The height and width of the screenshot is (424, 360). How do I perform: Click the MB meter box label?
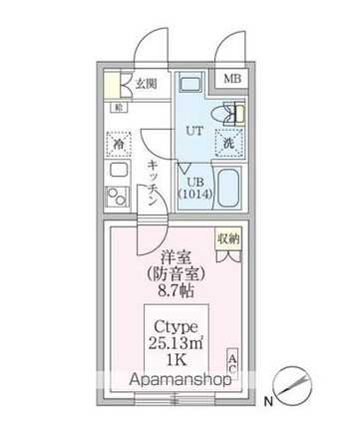click(x=231, y=78)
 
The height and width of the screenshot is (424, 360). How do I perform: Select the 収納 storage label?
click(x=229, y=238)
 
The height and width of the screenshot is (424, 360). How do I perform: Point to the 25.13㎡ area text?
click(x=178, y=345)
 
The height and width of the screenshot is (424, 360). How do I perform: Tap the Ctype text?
click(x=178, y=327)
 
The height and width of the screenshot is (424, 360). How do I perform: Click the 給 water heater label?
click(x=119, y=106)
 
